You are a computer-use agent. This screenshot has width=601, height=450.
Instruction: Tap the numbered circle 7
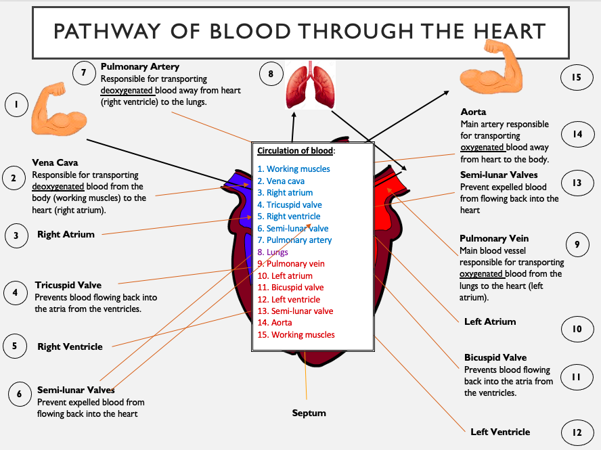click(x=83, y=73)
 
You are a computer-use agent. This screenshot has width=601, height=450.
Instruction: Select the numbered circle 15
click(x=575, y=77)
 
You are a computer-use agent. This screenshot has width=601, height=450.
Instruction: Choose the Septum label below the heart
click(x=309, y=413)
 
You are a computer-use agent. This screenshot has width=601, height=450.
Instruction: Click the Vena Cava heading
click(x=55, y=162)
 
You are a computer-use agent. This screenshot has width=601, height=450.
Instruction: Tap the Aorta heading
click(x=473, y=112)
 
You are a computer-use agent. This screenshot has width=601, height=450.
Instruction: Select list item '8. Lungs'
click(x=273, y=252)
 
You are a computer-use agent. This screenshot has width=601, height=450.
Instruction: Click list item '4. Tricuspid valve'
click(x=289, y=205)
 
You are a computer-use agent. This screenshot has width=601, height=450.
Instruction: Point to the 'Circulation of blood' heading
click(x=296, y=150)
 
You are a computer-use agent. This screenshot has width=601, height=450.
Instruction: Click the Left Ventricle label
click(x=500, y=432)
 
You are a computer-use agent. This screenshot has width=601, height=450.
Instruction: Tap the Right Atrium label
click(x=66, y=235)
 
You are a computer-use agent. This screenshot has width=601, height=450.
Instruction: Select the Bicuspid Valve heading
click(x=495, y=357)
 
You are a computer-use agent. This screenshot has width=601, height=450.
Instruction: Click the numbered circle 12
click(x=576, y=432)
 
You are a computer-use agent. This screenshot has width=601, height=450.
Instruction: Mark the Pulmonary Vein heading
click(x=494, y=238)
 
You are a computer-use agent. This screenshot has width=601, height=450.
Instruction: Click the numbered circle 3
click(x=16, y=235)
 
